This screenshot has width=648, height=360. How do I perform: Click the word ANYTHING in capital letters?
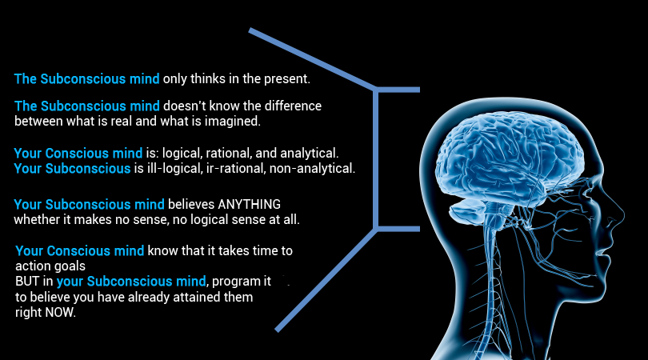click(249, 204)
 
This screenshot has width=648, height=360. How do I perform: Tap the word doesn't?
click(184, 106)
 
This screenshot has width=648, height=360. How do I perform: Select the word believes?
click(191, 204)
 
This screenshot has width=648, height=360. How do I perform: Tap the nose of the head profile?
click(618, 215)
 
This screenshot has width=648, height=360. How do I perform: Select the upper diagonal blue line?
click(313, 58)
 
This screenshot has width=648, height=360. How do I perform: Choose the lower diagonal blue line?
click(326, 279)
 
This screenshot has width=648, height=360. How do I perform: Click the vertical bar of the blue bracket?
click(376, 158)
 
